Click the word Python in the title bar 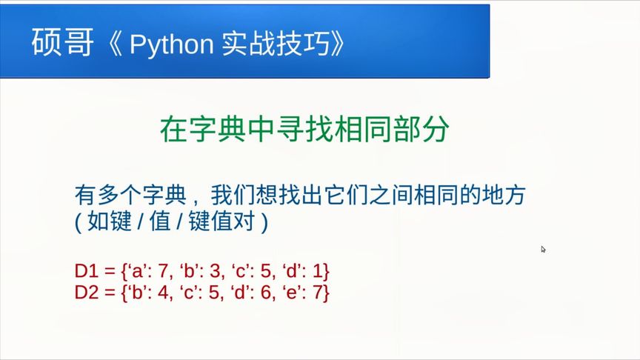coord(170,44)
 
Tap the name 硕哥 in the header coord(63,44)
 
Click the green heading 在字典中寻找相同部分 coord(304,130)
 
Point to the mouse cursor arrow coord(543,250)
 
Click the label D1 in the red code coord(86,270)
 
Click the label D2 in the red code coord(86,293)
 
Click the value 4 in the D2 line coord(164,293)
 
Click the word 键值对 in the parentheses coord(221,223)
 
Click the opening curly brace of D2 coord(123,293)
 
